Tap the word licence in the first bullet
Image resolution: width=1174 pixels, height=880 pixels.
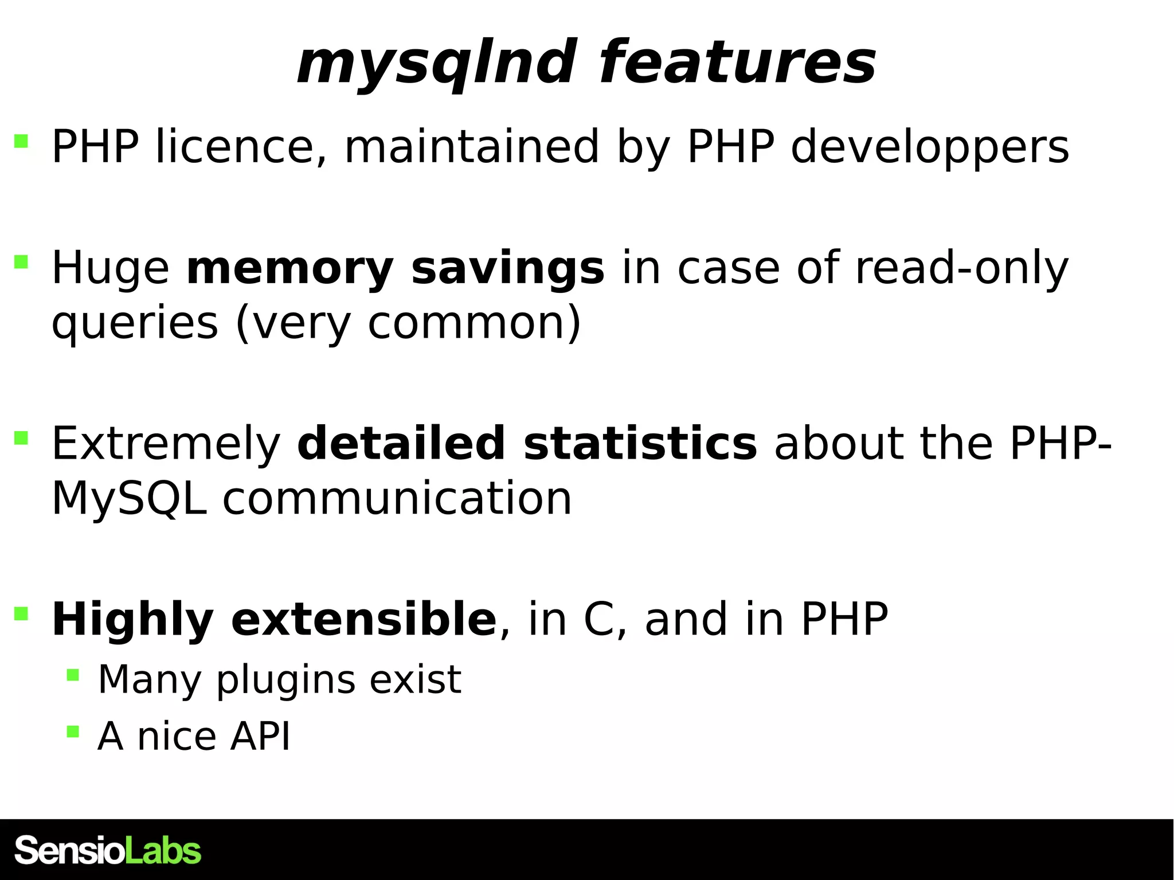[235, 147]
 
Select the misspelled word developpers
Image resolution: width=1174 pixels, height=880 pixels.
[930, 148]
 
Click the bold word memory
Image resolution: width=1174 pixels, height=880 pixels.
[290, 269]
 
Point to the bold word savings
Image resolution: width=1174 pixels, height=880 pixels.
[508, 269]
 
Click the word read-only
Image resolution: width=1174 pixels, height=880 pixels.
[962, 268]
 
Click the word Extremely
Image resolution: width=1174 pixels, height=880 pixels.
[166, 444]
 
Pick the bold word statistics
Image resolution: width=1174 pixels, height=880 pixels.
[640, 444]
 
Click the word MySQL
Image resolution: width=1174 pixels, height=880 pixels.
[129, 499]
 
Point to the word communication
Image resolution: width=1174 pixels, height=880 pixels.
[397, 499]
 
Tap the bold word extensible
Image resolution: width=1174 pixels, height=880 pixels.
[363, 620]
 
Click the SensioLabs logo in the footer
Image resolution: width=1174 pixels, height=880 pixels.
[108, 850]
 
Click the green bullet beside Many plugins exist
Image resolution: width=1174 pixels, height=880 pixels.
[73, 675]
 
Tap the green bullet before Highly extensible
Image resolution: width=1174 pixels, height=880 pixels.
[21, 613]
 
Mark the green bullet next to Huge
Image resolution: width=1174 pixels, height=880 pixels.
[21, 263]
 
